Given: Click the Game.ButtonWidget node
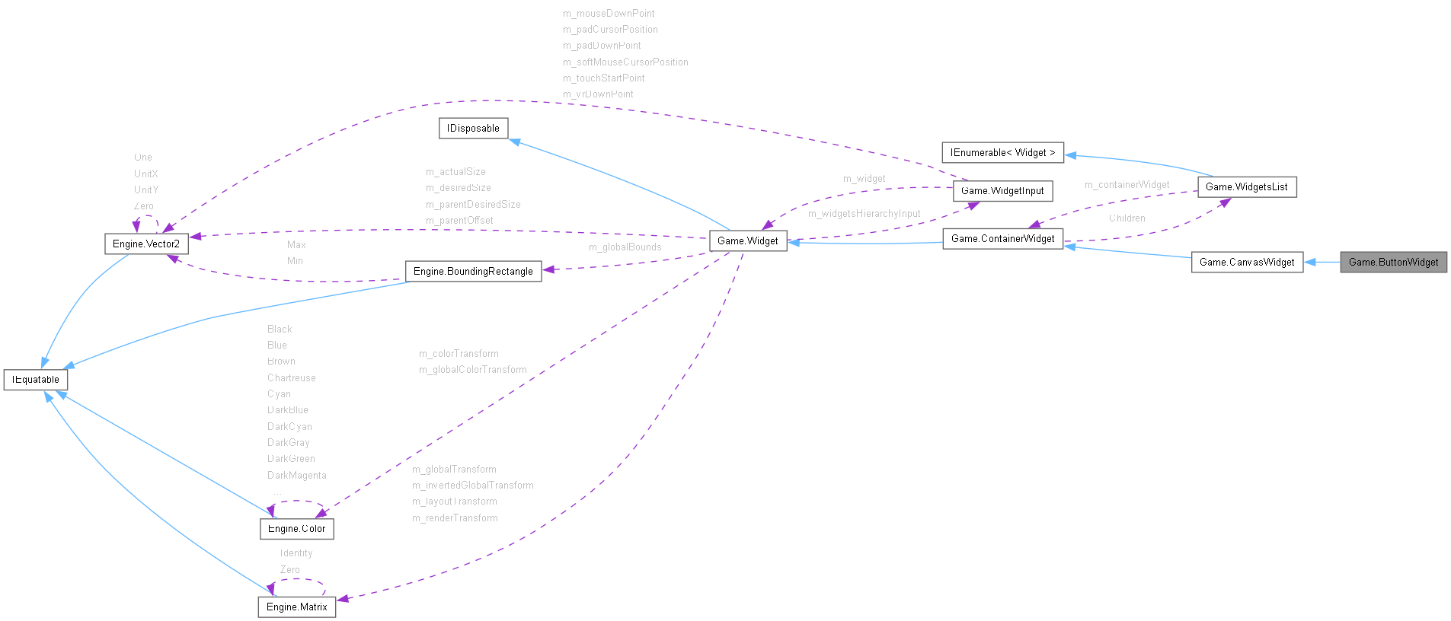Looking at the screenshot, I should tap(1393, 263).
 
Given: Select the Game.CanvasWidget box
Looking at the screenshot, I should tap(1247, 263).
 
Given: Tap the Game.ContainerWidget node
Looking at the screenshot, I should tap(1002, 239).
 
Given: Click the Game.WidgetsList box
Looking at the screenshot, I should tap(1246, 187).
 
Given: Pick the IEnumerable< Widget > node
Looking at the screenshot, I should tap(1002, 153).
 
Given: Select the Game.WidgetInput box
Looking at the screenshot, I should tap(1002, 191).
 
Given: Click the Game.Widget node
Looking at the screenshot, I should tap(747, 241).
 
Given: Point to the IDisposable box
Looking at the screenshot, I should tap(473, 129).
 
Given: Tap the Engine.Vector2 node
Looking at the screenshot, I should tap(146, 244).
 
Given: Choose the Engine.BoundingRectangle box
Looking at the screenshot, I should tap(473, 272).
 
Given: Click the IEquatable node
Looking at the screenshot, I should tap(36, 380).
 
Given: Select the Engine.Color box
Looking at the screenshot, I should tap(296, 529).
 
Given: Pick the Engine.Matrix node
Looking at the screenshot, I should tap(296, 607).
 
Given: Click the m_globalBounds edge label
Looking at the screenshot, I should tap(625, 247).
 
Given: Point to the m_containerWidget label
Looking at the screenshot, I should tap(1127, 185).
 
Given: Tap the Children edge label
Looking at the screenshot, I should tap(1127, 218).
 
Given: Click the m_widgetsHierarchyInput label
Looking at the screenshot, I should tap(864, 214).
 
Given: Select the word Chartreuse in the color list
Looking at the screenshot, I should tap(291, 378).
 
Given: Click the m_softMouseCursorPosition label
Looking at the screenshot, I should tap(625, 62).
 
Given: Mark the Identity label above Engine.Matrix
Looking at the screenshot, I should tap(296, 553).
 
